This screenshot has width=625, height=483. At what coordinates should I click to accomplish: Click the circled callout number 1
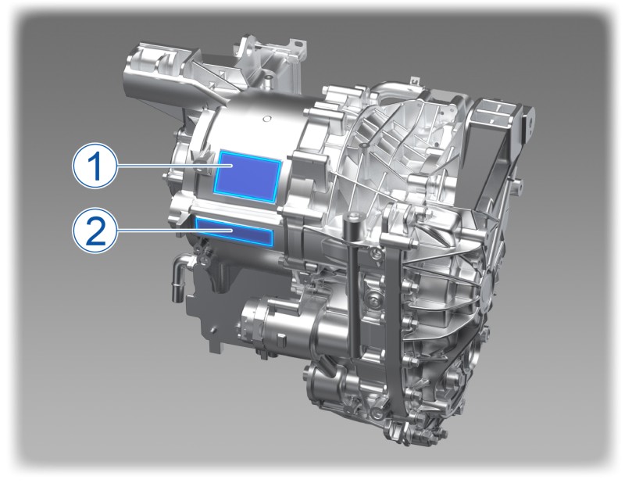[95, 166]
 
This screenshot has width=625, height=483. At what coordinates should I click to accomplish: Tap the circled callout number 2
[95, 231]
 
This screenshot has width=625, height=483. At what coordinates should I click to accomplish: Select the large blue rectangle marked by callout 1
[248, 175]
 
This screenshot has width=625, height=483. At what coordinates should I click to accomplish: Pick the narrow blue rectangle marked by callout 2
[234, 231]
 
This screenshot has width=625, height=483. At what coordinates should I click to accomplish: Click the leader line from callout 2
[174, 231]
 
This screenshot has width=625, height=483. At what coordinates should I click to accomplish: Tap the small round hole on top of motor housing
[267, 118]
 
